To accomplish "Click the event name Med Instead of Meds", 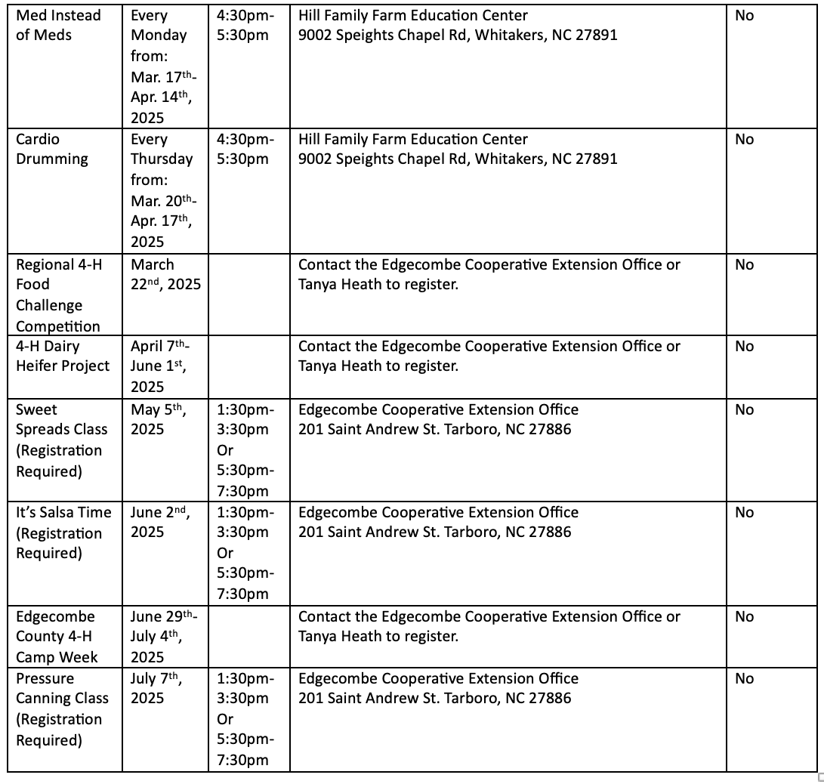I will pos(58,25).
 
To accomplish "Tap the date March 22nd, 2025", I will pos(165,275).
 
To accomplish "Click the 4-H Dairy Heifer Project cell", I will pos(63,356).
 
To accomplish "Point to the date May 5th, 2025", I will pos(159,419).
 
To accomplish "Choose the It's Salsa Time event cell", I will pos(63,532).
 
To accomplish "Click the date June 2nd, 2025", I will pos(159,522).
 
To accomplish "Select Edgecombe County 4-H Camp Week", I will pos(57,636).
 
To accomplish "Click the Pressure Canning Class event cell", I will pos(62,708).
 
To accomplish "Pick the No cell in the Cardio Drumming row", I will pos(744,140).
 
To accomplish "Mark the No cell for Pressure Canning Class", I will pos(744,679).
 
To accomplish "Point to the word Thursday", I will pos(162,159).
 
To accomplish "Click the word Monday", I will pos(159,35).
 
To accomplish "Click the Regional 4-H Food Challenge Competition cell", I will pos(58,295).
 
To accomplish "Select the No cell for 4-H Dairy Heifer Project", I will pos(744,347).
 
